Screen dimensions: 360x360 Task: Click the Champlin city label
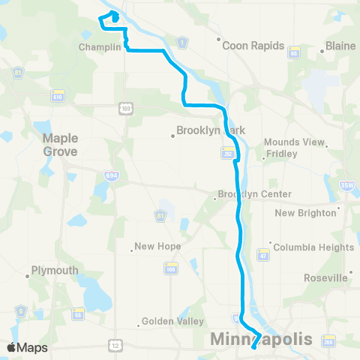99,46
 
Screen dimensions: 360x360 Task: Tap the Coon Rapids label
253,46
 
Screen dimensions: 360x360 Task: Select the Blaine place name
340,46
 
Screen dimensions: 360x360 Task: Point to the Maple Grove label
60,145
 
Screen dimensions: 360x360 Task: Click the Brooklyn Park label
211,130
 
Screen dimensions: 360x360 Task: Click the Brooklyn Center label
254,194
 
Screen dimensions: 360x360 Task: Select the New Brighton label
306,212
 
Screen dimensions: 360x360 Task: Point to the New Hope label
155,247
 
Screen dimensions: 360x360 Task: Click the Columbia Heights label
313,247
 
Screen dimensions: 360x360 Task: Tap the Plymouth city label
55,271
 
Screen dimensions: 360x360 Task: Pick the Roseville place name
325,277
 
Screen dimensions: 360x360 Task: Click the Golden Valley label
174,322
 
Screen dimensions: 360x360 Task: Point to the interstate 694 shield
109,174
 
